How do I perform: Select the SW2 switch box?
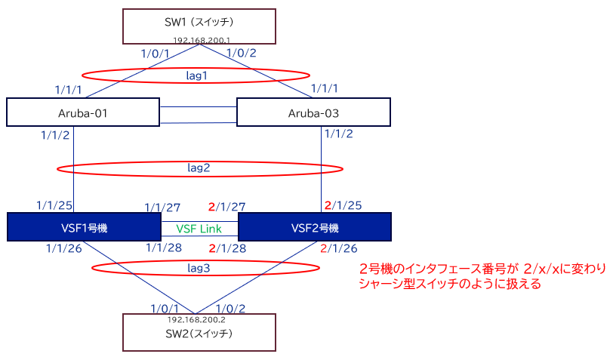(x=199, y=333)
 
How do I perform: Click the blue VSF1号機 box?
(x=83, y=227)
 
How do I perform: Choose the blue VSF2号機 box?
(x=314, y=227)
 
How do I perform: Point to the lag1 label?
(x=196, y=75)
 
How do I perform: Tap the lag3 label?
(x=200, y=266)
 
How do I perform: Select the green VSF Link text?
(x=199, y=227)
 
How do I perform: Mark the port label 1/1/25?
(x=54, y=205)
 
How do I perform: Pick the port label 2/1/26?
(x=338, y=248)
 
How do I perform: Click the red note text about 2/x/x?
(x=450, y=277)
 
